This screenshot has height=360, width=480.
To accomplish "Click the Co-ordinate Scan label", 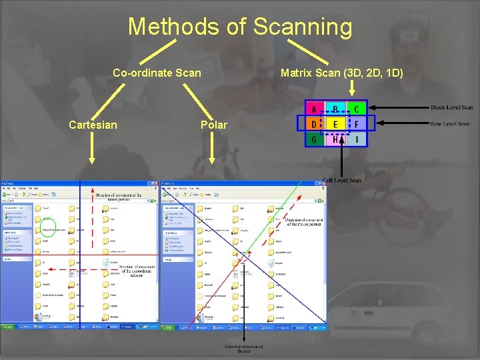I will click(157, 72).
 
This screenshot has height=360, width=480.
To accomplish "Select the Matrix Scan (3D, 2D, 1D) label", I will click(341, 72).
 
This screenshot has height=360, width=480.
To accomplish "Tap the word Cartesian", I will click(93, 125).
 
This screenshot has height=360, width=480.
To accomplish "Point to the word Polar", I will click(213, 125).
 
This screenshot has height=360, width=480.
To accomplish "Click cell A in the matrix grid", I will click(313, 109).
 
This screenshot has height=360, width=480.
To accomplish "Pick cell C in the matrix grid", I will click(356, 109).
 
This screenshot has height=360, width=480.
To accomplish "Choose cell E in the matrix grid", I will click(335, 124).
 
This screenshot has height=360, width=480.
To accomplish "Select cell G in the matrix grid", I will click(313, 139).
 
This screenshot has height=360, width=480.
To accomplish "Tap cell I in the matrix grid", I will click(356, 139).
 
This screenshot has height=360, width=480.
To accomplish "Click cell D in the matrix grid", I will click(313, 124).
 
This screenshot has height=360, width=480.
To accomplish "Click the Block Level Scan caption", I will click(451, 107).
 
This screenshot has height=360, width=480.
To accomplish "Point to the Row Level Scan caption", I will click(450, 123).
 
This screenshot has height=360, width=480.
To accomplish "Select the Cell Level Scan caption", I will click(342, 180).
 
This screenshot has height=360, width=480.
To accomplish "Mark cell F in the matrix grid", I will click(356, 124).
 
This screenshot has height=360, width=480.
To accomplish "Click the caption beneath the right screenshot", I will click(243, 349).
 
